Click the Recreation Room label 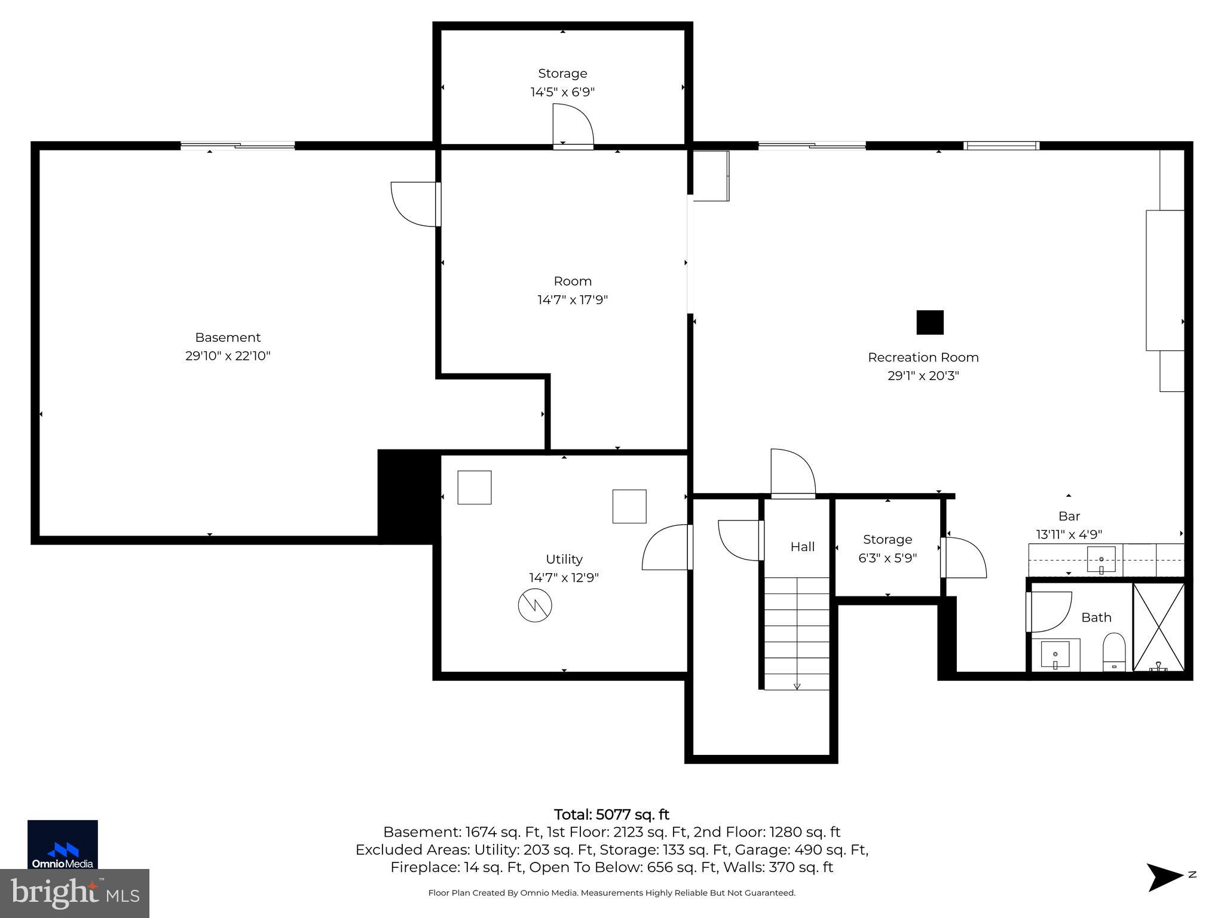[x=923, y=357]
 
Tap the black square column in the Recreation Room [x=930, y=322]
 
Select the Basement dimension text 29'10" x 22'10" [x=228, y=356]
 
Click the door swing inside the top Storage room [x=571, y=126]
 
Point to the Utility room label [x=564, y=559]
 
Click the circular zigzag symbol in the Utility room [x=535, y=605]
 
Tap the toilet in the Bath [x=1113, y=653]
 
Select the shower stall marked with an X [x=1158, y=627]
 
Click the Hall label [x=802, y=547]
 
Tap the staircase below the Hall [x=797, y=634]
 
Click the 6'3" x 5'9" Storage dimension [x=888, y=558]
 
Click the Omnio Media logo [x=63, y=844]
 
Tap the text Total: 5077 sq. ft [x=611, y=815]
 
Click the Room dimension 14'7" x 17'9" [x=573, y=300]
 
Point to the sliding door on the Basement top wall [x=238, y=145]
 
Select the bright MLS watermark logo [x=75, y=893]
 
